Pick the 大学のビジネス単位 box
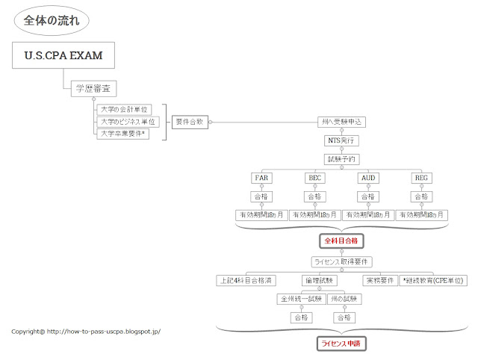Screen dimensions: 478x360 (128, 121)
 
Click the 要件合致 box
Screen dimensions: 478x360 (190, 121)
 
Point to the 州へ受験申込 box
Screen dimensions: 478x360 (342, 121)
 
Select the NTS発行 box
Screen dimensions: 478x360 (342, 140)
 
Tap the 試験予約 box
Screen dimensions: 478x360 (342, 159)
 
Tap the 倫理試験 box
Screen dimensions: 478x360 (319, 280)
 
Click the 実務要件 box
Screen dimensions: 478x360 (380, 280)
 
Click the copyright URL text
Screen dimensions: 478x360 (87, 331)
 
